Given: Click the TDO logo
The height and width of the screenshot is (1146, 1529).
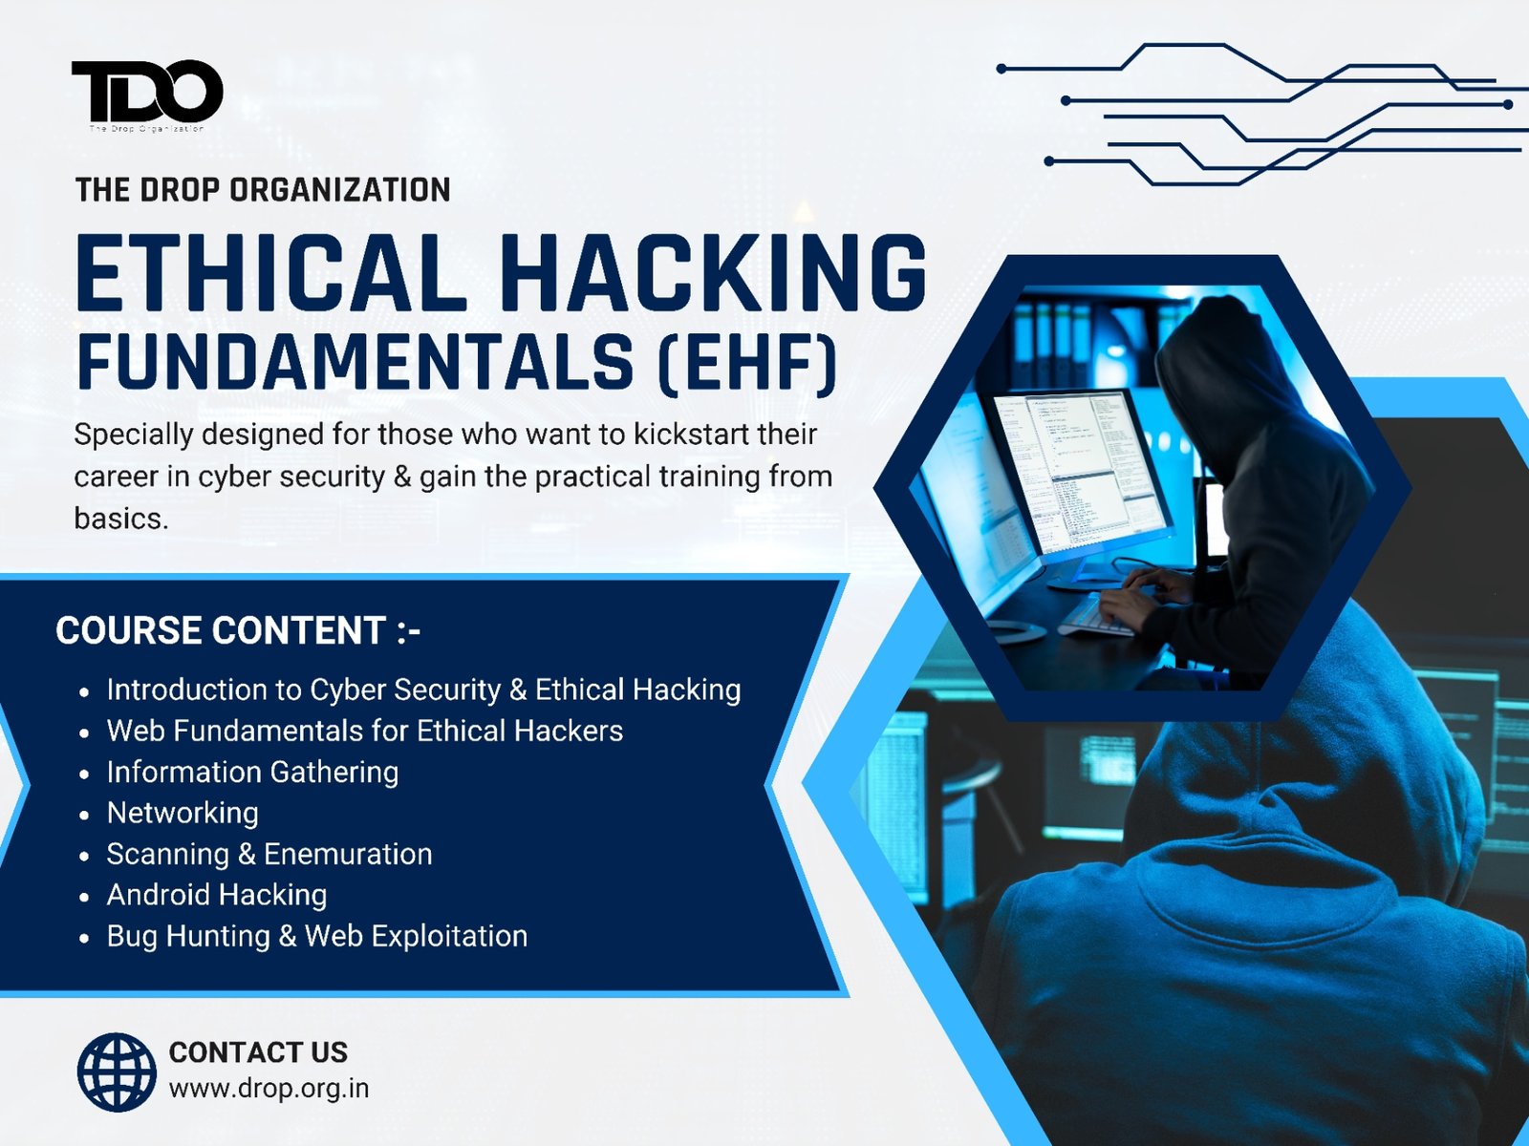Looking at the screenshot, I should (x=147, y=93).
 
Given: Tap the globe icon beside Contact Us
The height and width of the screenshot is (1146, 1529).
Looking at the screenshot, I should (x=117, y=1072).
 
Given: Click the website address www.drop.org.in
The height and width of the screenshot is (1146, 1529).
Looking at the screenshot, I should (x=269, y=1088).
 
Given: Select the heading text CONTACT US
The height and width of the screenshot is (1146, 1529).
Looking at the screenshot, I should (x=258, y=1051).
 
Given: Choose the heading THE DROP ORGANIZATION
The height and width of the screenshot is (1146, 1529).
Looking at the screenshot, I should (x=263, y=190).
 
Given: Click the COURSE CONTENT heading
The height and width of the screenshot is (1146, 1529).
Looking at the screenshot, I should (x=238, y=630).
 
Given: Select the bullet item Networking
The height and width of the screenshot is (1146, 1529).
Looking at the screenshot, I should (x=183, y=813).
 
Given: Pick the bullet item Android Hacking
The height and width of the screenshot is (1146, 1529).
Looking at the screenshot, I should (x=217, y=895).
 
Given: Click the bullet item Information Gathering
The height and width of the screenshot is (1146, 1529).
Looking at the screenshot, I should (x=252, y=772).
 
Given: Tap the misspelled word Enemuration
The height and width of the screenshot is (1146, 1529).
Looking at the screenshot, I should (x=348, y=854).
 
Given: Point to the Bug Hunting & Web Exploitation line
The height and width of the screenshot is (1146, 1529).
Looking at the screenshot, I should (x=316, y=936).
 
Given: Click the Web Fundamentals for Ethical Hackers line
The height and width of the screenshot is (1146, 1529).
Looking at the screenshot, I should (x=364, y=731).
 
